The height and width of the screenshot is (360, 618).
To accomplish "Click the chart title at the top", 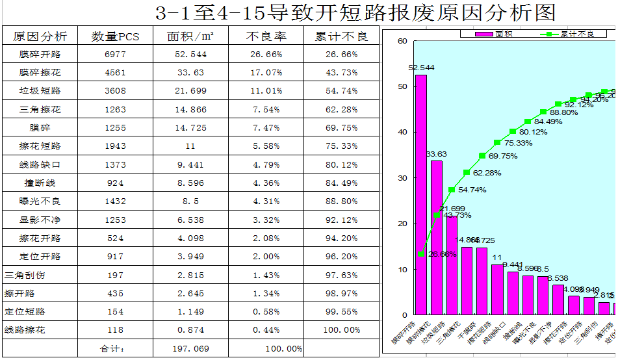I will click(356, 12).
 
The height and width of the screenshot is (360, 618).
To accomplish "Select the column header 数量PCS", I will click(115, 36).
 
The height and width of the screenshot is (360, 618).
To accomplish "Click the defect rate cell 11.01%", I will click(266, 91).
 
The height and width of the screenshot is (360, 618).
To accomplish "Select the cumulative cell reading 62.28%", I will click(341, 109).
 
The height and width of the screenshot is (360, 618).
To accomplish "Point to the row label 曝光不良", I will click(40, 201).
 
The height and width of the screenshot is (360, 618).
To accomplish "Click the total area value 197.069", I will click(192, 349).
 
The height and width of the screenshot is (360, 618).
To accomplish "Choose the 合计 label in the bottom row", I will click(115, 349).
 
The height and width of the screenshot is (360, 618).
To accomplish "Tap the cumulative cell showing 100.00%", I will click(341, 330).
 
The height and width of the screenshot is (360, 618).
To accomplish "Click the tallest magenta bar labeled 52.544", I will click(421, 195).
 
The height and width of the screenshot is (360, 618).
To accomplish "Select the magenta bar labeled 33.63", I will click(437, 238).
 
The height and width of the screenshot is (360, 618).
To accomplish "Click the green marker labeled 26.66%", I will click(422, 254).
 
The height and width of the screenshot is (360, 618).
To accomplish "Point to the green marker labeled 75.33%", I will click(497, 142).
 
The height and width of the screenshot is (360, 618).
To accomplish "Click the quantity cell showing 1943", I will click(115, 146).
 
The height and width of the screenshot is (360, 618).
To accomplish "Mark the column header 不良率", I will click(266, 36).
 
